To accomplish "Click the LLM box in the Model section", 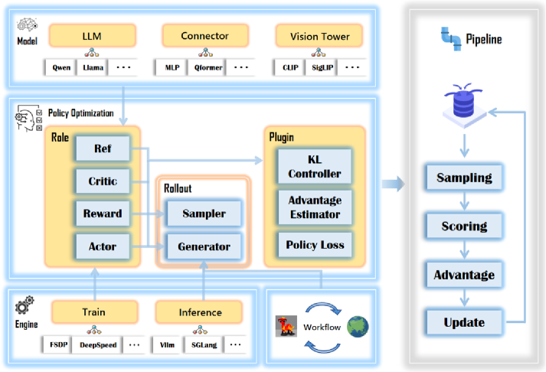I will [92, 35].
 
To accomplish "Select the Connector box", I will [204, 35].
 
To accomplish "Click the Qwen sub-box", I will [61, 67].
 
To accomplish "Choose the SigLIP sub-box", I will [321, 67].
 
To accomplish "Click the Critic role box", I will [103, 181].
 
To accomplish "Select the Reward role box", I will [103, 214].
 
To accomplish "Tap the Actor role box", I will [103, 246].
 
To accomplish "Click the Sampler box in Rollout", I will [204, 214].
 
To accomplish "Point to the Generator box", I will [204, 246].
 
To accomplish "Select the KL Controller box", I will [314, 166].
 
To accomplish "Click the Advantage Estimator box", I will [314, 207].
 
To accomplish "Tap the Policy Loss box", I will [314, 245].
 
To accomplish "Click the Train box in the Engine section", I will [94, 312].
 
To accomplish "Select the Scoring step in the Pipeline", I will [464, 226].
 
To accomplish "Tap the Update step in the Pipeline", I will [464, 322].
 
